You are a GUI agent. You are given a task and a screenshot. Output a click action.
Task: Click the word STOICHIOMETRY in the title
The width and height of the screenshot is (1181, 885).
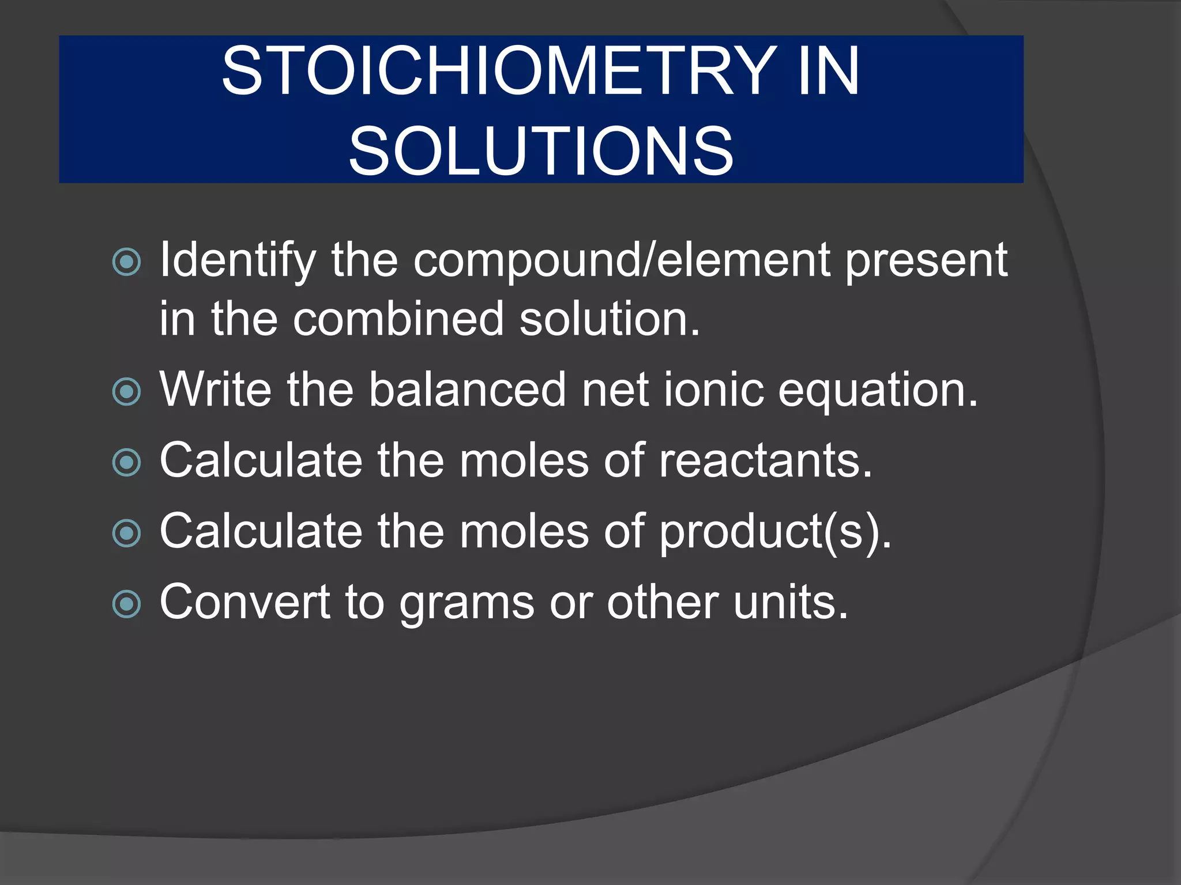pyautogui.click(x=499, y=71)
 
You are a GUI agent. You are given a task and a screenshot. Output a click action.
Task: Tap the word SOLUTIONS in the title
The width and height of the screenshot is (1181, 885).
pyautogui.click(x=541, y=151)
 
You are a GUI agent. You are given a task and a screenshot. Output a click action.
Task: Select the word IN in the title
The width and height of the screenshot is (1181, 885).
pyautogui.click(x=829, y=71)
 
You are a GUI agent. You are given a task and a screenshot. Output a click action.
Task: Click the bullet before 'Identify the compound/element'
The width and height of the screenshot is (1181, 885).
pyautogui.click(x=127, y=262)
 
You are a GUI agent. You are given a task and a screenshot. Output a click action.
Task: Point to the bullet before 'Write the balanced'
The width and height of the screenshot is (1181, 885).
pyautogui.click(x=127, y=392)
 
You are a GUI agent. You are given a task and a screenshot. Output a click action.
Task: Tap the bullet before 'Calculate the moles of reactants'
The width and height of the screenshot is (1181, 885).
pyautogui.click(x=127, y=463)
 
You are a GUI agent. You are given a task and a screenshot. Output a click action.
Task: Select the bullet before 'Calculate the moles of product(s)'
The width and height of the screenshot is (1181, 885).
pyautogui.click(x=127, y=533)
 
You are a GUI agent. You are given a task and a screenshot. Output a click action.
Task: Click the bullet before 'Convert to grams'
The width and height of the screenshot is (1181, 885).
pyautogui.click(x=127, y=604)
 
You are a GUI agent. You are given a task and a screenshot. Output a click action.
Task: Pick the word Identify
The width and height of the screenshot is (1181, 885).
pyautogui.click(x=238, y=260)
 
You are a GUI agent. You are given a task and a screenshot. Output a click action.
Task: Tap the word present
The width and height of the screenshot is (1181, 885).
pyautogui.click(x=927, y=260)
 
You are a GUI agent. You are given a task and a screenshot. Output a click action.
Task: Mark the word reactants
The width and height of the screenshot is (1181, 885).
pyautogui.click(x=765, y=461)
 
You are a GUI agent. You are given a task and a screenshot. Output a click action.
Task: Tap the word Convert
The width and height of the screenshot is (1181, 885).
pyautogui.click(x=245, y=602)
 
